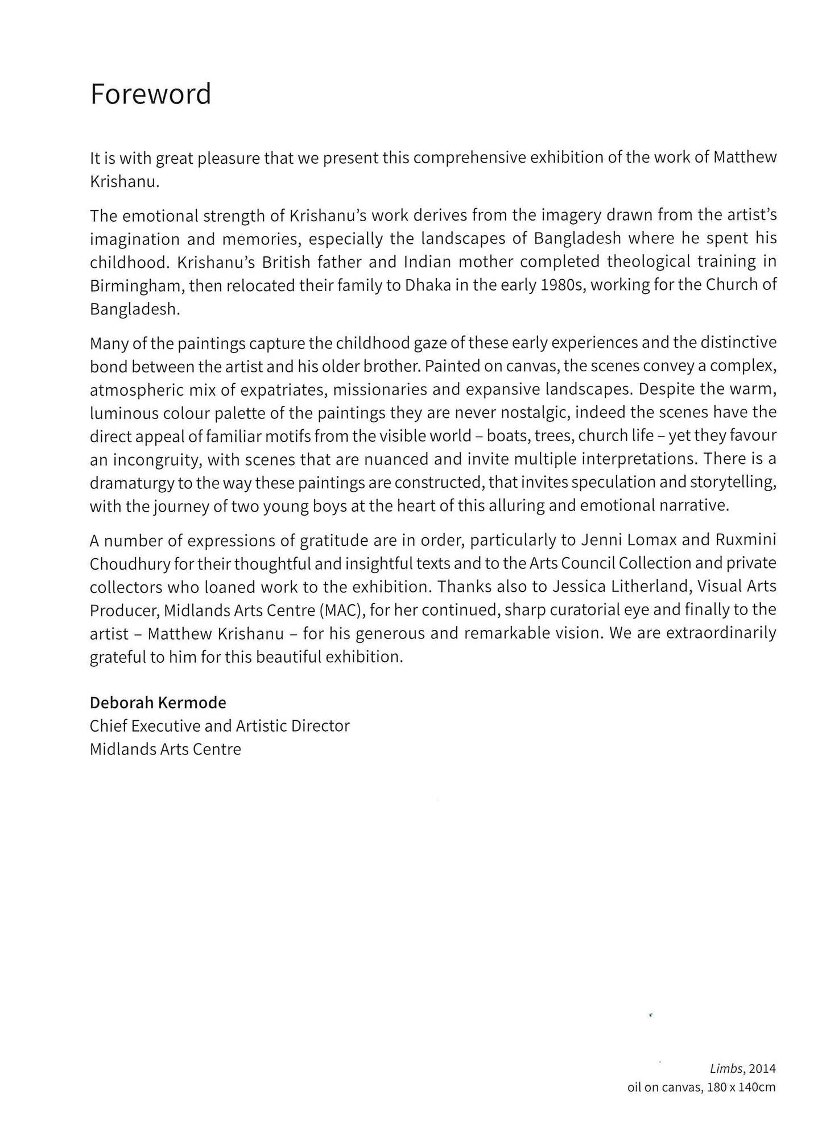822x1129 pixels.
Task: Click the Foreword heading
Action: coord(151,94)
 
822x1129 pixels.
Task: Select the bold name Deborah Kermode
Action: coord(158,703)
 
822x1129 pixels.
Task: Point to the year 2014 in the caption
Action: coord(762,1069)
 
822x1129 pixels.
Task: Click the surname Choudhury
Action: coord(130,564)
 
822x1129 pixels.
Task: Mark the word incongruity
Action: coord(155,459)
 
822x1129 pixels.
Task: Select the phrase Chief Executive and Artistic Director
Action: coord(220,726)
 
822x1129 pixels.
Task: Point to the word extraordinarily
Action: coord(721,633)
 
